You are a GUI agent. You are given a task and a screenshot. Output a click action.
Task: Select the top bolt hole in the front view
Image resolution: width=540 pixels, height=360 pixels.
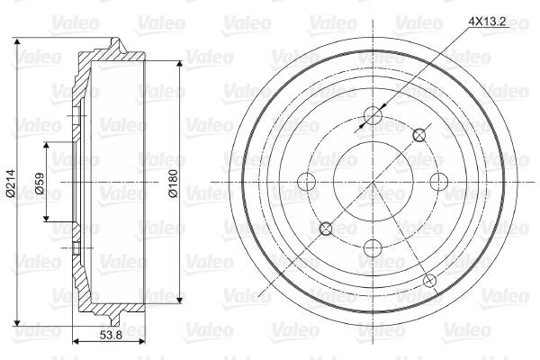[x=373, y=116]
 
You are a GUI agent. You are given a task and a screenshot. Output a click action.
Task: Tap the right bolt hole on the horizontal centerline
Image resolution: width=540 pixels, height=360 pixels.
[x=440, y=183]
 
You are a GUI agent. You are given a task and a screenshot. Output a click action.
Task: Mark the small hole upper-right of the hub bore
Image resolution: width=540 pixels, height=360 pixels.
[x=418, y=135]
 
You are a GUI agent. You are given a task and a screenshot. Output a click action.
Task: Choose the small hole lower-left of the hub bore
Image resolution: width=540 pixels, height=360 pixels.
[x=327, y=229]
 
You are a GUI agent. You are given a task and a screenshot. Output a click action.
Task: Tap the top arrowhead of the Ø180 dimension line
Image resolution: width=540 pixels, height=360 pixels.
[x=182, y=66]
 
